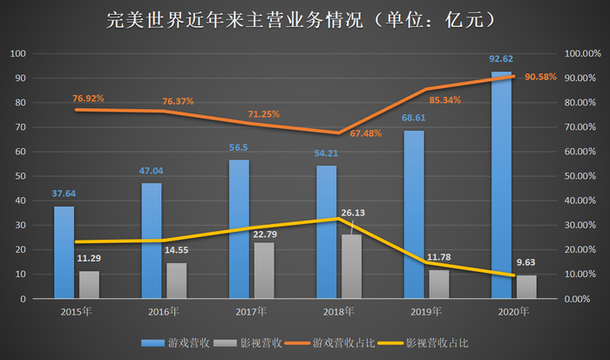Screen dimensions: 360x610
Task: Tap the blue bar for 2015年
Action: click(64, 252)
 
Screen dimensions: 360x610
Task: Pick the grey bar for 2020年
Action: click(526, 286)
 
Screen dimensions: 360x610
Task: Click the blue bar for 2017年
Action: click(239, 228)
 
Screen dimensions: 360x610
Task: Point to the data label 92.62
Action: click(500, 59)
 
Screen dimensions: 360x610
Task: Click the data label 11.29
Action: click(90, 258)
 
